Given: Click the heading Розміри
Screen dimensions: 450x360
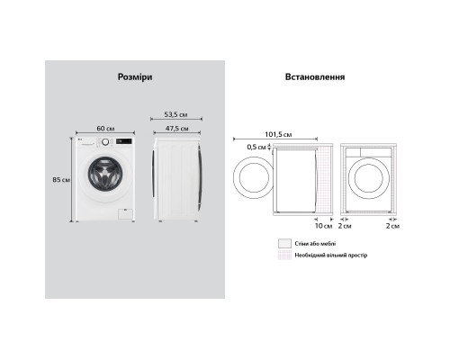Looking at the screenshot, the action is pos(135,77).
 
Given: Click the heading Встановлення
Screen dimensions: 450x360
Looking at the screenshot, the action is pos(315,76).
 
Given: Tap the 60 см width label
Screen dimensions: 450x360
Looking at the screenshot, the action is pos(105,129).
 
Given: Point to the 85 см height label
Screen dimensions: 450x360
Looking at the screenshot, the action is pos(61,180).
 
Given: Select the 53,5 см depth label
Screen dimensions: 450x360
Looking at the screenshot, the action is pos(175,114).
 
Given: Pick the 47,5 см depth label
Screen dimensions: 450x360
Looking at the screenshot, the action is pos(177,129).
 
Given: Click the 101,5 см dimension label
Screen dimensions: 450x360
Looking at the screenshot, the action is pos(278,134).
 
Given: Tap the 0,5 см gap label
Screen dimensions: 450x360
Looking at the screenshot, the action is pos(256,147).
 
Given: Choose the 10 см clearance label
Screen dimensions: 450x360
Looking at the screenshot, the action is pos(324,226).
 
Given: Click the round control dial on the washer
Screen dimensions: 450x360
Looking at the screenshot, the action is pos(105,142).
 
